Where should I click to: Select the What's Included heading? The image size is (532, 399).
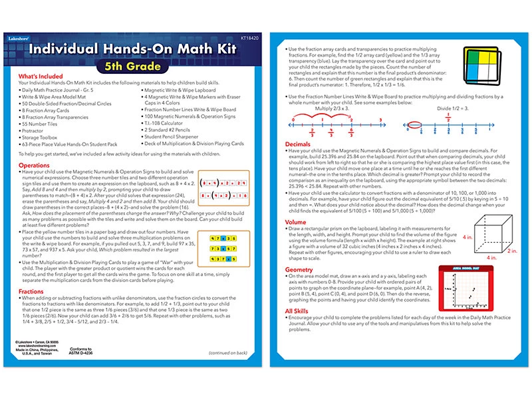pyautogui.click(x=42, y=76)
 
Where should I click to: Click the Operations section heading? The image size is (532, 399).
pyautogui.click(x=34, y=164)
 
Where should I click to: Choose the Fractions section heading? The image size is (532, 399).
pyautogui.click(x=32, y=291)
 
